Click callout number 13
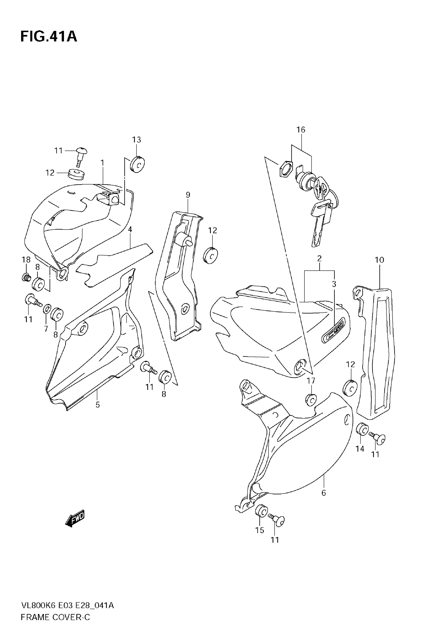pos(136,140)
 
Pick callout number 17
pos(311,381)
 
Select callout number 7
pos(46,329)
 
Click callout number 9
pos(188,195)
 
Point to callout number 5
pos(97,405)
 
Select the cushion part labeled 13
pos(138,164)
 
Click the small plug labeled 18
pos(26,277)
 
